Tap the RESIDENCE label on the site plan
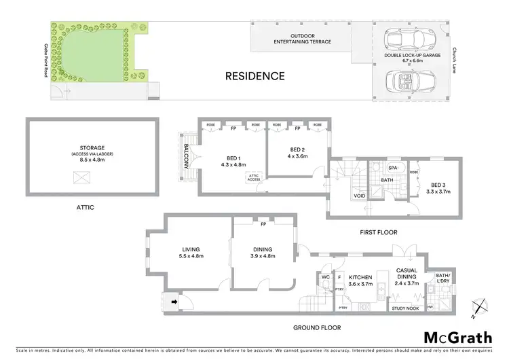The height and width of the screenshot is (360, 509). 255,76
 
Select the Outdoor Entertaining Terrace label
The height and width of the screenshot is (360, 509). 301,38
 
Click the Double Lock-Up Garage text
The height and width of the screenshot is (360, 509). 412,56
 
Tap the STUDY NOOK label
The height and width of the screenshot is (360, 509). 406,308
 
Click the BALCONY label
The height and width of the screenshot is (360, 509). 185,156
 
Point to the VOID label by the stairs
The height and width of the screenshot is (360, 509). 359,196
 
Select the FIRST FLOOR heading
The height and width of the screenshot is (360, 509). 378,232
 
